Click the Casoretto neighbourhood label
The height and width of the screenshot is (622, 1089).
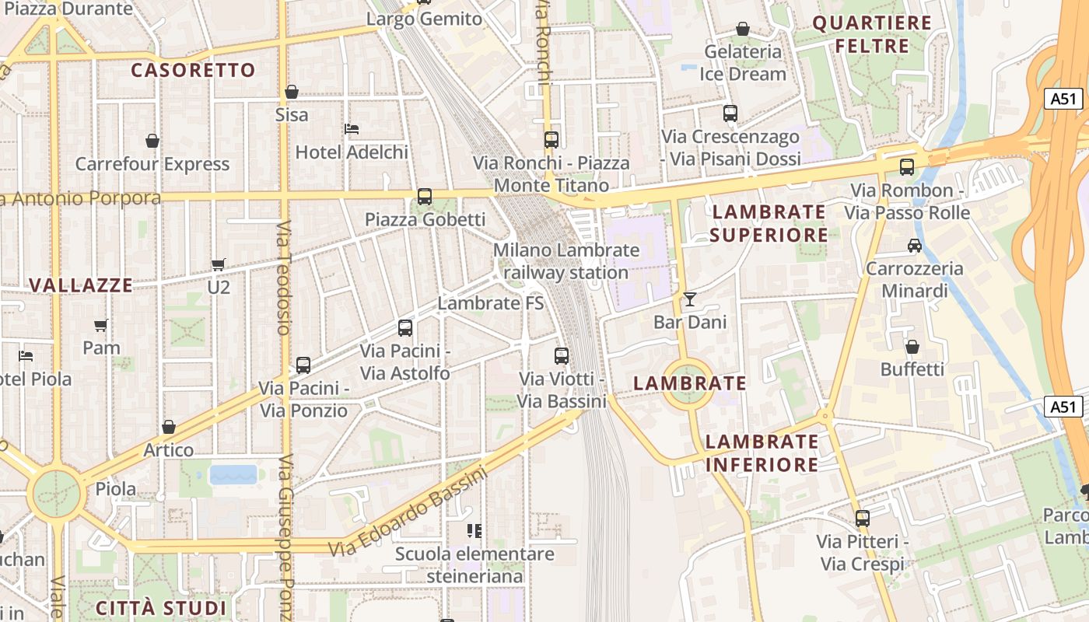(193, 70)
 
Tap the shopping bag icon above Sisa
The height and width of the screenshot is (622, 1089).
(292, 92)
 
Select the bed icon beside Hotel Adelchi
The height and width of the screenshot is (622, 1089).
(352, 128)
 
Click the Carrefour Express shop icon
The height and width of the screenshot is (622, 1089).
(152, 141)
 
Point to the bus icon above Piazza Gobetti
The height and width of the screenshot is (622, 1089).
(425, 197)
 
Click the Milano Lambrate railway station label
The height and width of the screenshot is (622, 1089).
(566, 261)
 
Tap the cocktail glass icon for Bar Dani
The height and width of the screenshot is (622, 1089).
(690, 299)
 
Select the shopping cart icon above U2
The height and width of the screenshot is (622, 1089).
(219, 264)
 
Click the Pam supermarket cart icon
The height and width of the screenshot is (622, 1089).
(101, 325)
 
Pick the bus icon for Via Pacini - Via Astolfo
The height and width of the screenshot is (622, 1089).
(405, 328)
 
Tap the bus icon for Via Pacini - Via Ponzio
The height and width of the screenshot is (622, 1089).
(303, 365)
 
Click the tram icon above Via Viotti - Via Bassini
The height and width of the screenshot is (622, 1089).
(562, 356)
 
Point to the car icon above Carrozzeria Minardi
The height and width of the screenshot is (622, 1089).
(915, 246)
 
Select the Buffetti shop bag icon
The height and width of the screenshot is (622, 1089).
(912, 346)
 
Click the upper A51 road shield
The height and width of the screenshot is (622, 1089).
(1063, 98)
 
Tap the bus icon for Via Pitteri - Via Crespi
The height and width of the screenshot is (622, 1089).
(862, 518)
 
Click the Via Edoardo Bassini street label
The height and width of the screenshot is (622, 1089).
(408, 512)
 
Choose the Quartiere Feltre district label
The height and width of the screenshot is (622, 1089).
(872, 34)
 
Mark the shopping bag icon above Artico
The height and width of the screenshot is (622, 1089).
(169, 427)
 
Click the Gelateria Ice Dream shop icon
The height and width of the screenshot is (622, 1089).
(743, 29)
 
